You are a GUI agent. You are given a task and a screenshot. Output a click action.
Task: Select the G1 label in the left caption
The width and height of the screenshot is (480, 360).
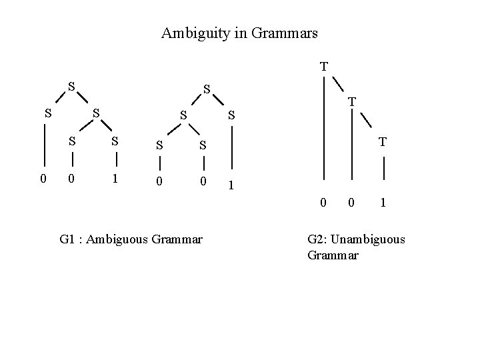pos(67,238)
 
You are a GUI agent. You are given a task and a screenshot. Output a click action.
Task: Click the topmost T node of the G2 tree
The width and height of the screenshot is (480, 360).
pos(323,66)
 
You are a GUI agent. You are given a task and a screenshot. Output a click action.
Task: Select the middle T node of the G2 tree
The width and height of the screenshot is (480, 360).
pos(351,102)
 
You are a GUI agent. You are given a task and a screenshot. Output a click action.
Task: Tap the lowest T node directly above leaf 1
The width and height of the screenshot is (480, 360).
pos(383,141)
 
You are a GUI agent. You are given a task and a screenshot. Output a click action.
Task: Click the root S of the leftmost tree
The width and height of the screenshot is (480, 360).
pos(71,87)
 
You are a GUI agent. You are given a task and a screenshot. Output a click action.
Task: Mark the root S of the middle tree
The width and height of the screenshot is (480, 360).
pos(207,89)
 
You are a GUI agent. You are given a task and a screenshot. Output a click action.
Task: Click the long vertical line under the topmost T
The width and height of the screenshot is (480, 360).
pos(323,127)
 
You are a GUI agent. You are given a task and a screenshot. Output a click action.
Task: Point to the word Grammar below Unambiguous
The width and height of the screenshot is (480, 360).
pos(333,255)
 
